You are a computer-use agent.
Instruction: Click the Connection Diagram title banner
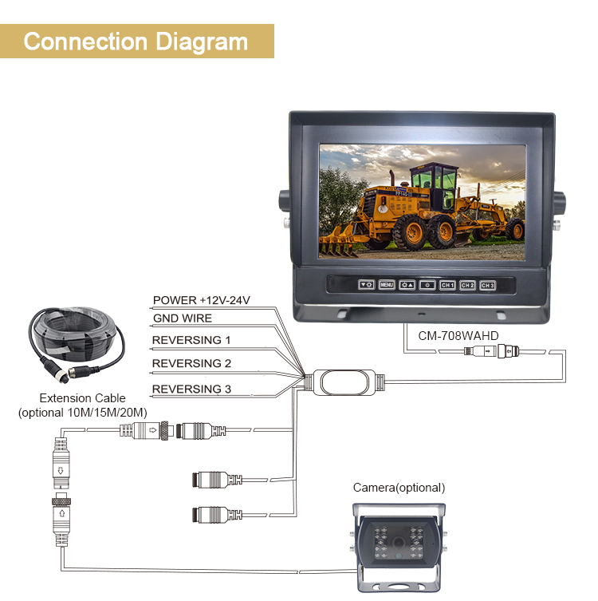136,41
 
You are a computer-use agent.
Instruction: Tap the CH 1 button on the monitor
447,285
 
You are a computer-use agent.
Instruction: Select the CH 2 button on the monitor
468,285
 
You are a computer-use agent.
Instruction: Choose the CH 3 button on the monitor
488,285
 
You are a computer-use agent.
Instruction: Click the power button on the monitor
427,285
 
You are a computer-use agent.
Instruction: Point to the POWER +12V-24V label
202,301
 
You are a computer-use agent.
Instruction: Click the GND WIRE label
183,318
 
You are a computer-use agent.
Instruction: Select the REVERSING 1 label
191,340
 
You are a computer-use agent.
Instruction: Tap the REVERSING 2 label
191,363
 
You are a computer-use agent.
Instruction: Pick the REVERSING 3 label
191,389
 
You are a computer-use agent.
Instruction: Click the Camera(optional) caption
399,488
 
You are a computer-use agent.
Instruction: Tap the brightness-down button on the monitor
366,285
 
